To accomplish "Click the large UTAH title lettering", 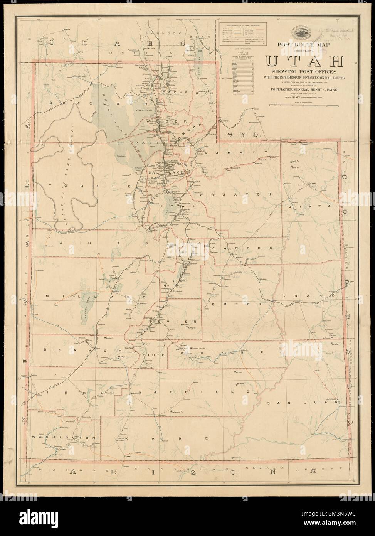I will [x=302, y=62].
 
